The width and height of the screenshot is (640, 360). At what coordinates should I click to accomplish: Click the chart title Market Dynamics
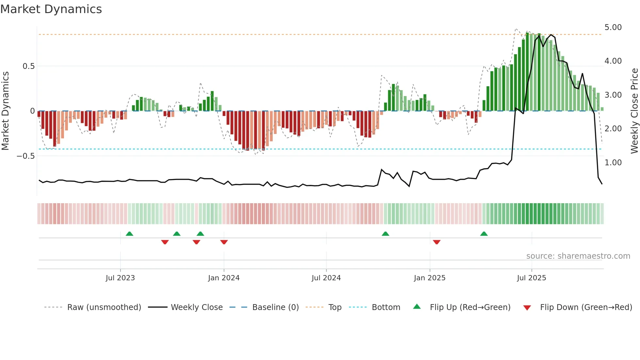pyautogui.click(x=51, y=9)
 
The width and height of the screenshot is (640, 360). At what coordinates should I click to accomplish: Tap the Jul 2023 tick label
pyautogui.click(x=120, y=278)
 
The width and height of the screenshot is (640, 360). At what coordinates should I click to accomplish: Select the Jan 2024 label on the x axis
pyautogui.click(x=224, y=278)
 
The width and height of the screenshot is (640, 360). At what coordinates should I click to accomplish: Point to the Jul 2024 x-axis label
pyautogui.click(x=326, y=278)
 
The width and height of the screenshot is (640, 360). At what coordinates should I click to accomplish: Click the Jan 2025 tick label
pyautogui.click(x=429, y=278)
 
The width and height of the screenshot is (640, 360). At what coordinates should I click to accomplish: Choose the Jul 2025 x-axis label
pyautogui.click(x=531, y=278)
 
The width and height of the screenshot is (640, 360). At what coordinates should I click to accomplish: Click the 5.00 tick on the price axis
pyautogui.click(x=613, y=27)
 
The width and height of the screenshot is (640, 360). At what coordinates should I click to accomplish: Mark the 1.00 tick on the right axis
pyautogui.click(x=613, y=163)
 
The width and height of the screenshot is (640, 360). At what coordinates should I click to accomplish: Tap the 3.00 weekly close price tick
pyautogui.click(x=613, y=95)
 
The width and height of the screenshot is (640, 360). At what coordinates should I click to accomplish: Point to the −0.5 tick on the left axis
pyautogui.click(x=26, y=156)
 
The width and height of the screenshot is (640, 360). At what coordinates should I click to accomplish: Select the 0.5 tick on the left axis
pyautogui.click(x=28, y=66)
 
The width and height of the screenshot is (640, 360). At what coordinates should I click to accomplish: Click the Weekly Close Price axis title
pyautogui.click(x=634, y=111)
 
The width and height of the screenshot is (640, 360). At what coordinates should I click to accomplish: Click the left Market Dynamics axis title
pyautogui.click(x=5, y=111)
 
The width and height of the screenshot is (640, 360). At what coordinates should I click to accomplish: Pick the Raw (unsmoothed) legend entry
pyautogui.click(x=104, y=307)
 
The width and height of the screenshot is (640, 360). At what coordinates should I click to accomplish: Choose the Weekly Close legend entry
pyautogui.click(x=197, y=307)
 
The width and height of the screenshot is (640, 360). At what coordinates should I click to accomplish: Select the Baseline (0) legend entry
pyautogui.click(x=276, y=307)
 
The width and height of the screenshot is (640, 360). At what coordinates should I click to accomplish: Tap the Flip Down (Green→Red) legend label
pyautogui.click(x=586, y=307)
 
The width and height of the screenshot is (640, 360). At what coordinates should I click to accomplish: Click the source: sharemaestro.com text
pyautogui.click(x=578, y=256)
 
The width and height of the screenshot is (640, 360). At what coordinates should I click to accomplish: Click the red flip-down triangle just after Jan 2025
pyautogui.click(x=437, y=242)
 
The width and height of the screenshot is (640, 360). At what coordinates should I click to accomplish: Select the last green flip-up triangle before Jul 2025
pyautogui.click(x=484, y=234)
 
